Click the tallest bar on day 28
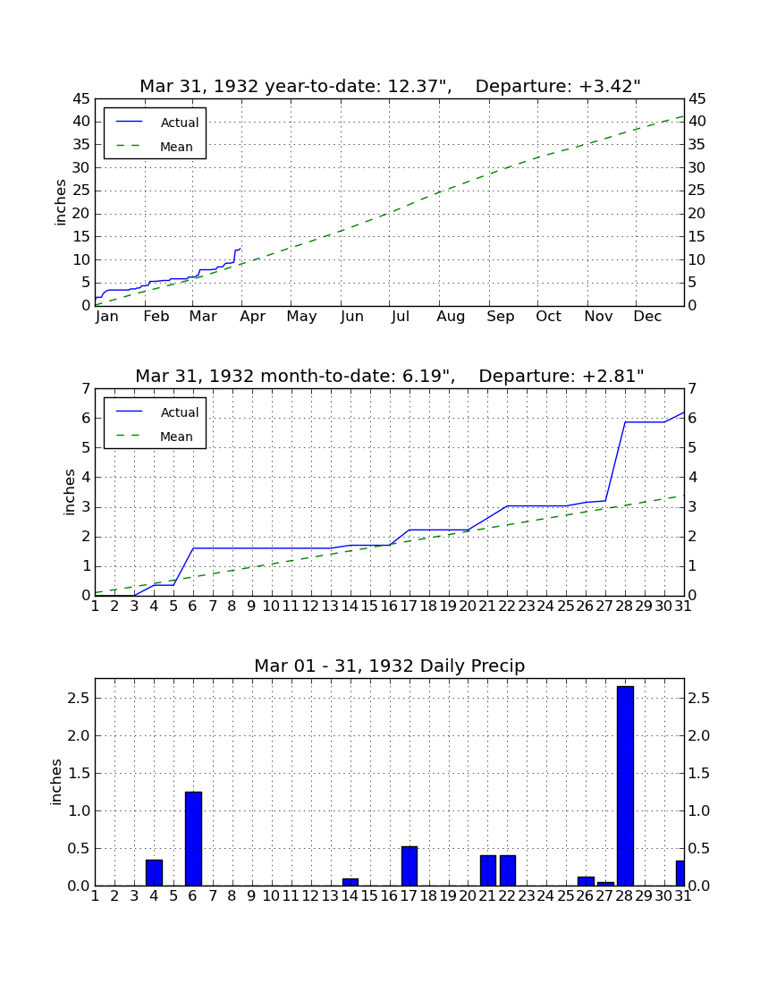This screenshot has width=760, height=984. [x=625, y=785]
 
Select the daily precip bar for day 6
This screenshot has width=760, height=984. [x=193, y=838]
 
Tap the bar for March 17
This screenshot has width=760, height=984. [x=410, y=866]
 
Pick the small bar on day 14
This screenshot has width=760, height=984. [x=350, y=882]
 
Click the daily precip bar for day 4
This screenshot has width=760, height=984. [x=155, y=872]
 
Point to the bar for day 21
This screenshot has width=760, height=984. [x=488, y=870]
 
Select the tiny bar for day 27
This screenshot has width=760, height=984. [x=605, y=884]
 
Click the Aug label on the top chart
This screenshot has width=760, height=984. [x=451, y=317]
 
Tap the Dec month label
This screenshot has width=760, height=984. [x=647, y=317]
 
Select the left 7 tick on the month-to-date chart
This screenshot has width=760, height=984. [x=87, y=389]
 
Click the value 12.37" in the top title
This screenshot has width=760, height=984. [x=419, y=86]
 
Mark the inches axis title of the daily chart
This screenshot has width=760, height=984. [x=56, y=782]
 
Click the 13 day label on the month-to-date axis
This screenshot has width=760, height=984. [x=331, y=607]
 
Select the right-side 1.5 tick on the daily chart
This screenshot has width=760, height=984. [x=699, y=773]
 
